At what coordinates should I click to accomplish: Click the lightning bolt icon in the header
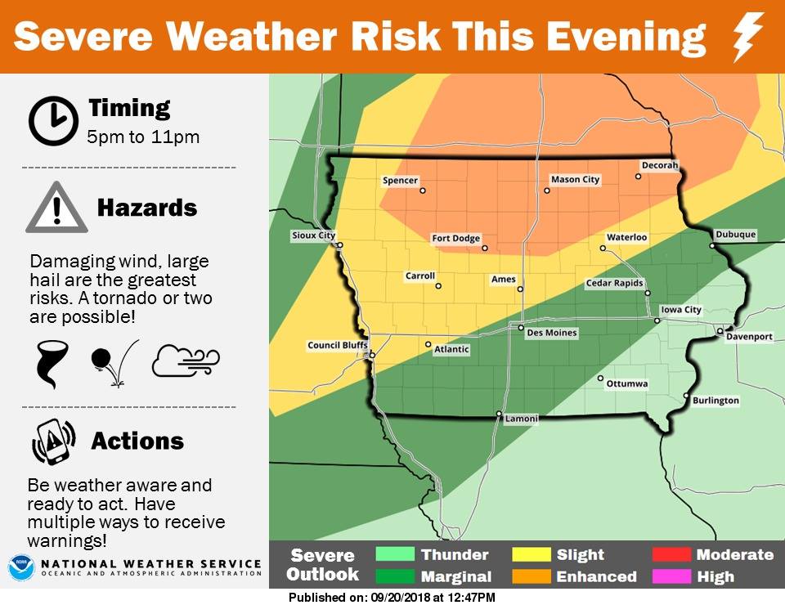click(x=748, y=37)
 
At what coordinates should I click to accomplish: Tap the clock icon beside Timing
click(x=53, y=121)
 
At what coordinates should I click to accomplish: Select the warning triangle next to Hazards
click(x=56, y=208)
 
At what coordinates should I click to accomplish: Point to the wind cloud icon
click(x=186, y=361)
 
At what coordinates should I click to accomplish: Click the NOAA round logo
click(x=20, y=567)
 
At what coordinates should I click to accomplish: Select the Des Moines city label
click(x=551, y=334)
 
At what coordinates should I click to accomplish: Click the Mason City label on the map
click(x=575, y=180)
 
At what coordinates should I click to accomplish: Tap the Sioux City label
click(x=313, y=236)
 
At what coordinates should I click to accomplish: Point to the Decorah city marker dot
click(x=639, y=176)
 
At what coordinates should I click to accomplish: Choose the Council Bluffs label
click(x=334, y=346)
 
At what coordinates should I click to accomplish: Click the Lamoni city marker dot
click(x=499, y=414)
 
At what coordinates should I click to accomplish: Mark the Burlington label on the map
click(x=715, y=401)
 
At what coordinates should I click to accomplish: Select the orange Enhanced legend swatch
click(x=531, y=576)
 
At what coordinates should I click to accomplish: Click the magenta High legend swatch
click(x=671, y=576)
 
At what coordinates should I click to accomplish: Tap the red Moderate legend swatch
click(x=671, y=555)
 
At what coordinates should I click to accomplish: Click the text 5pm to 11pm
click(x=143, y=137)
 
